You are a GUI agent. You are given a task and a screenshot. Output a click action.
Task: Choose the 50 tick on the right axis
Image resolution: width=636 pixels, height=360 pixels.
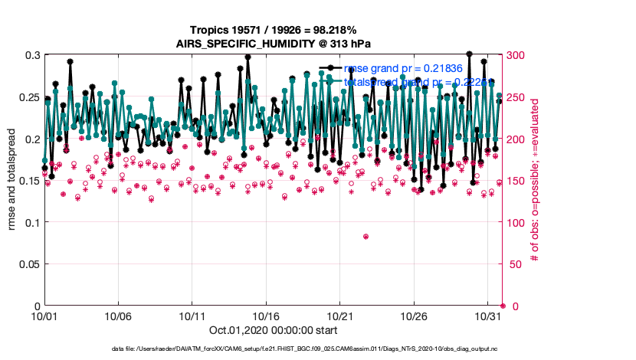[x=513, y=264]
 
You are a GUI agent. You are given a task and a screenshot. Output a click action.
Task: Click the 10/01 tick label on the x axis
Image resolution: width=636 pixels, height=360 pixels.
[x=44, y=316]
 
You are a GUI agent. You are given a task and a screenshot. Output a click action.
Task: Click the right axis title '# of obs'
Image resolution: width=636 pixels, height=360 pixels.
[x=534, y=181]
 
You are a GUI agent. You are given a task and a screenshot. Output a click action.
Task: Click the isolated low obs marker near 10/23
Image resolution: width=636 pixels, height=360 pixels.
[x=366, y=237]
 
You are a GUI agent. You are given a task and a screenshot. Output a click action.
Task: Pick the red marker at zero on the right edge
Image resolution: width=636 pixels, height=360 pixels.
[x=503, y=306]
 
